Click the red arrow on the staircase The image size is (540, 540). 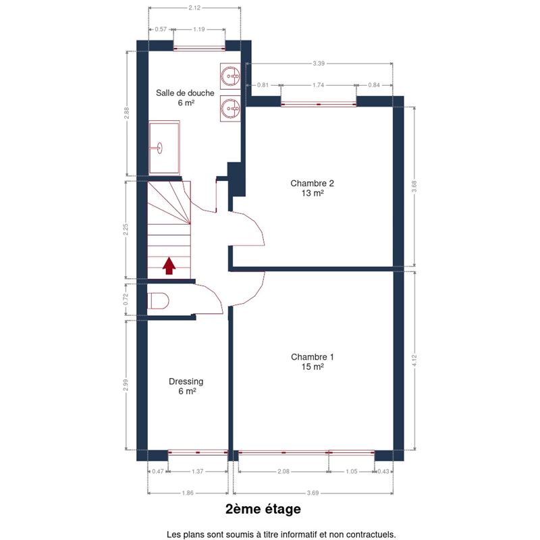[x=169, y=265]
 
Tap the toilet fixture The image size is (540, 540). [x=159, y=301]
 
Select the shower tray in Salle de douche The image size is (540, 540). [x=164, y=147]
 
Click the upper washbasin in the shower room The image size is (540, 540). [x=230, y=76]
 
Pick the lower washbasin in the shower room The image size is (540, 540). [x=230, y=108]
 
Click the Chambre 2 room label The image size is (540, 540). [x=313, y=188]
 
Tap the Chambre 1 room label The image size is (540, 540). [x=313, y=362]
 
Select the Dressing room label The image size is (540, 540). [x=186, y=386]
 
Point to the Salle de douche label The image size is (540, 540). [x=185, y=97]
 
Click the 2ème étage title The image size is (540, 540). [x=263, y=509]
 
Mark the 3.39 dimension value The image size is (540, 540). [x=319, y=63]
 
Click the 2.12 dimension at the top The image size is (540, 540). [x=194, y=7]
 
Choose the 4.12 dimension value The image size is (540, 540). [x=414, y=360]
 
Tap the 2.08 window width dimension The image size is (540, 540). [x=283, y=471]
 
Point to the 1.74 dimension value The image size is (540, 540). [x=318, y=85]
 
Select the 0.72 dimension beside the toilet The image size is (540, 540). [x=126, y=299]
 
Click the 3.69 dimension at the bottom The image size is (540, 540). [x=313, y=493]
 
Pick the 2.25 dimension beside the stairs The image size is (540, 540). [x=126, y=230]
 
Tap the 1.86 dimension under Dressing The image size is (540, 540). [x=188, y=493]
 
